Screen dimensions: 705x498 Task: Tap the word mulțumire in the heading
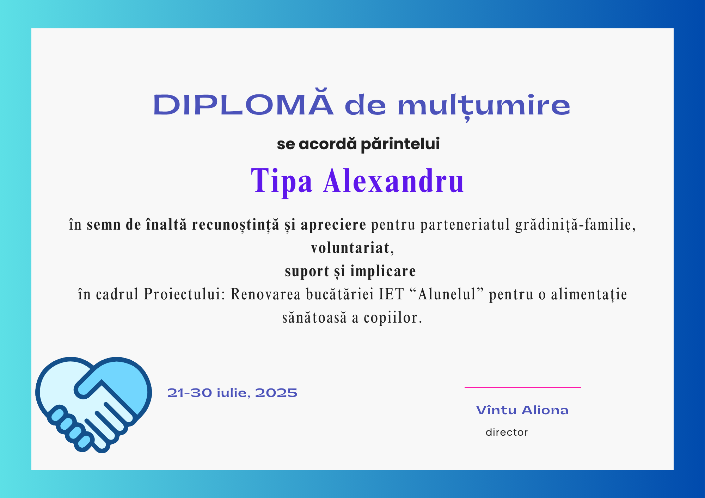point(484,106)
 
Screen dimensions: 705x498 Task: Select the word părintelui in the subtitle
point(400,144)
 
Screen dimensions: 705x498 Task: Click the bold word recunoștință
point(236,225)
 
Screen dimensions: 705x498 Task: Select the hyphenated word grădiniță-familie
point(575,225)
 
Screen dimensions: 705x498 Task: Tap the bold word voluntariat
point(350,248)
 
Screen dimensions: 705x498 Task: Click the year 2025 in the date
point(276,393)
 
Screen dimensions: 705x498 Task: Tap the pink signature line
point(523,387)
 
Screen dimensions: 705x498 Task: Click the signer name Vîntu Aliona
point(522,410)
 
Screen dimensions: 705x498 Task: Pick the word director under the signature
point(507,432)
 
